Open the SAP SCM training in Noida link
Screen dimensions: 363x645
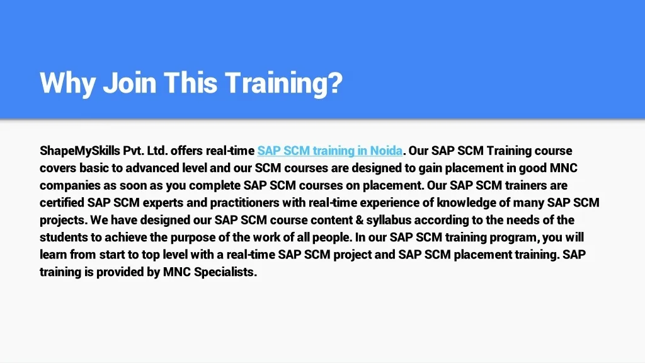tap(329, 151)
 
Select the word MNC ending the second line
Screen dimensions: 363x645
tap(564, 168)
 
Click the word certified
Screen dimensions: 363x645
tap(62, 203)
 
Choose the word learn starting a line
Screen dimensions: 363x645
tap(53, 255)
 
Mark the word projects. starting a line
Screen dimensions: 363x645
tap(63, 221)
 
